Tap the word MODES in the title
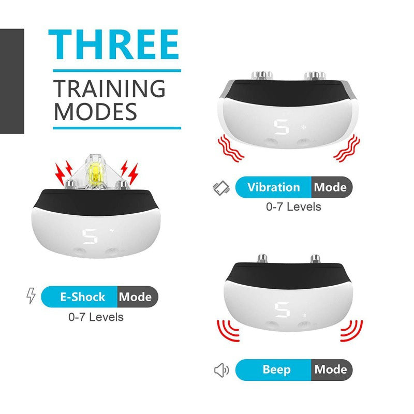pyautogui.click(x=96, y=112)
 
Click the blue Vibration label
pyautogui.click(x=273, y=187)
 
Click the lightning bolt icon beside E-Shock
pyautogui.click(x=31, y=297)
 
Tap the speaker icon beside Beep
pyautogui.click(x=221, y=370)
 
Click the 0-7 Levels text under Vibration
pyautogui.click(x=293, y=207)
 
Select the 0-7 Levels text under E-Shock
pyautogui.click(x=96, y=317)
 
